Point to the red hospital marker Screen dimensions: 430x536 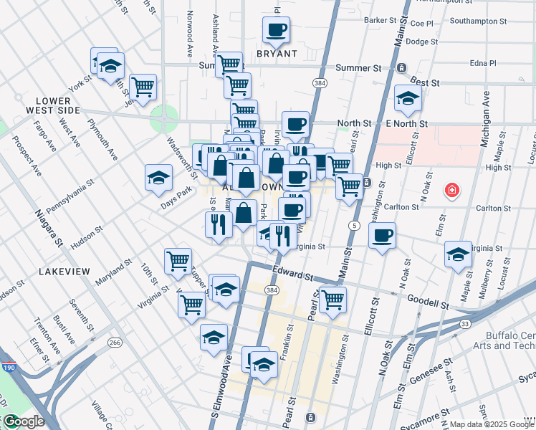click(x=451, y=191)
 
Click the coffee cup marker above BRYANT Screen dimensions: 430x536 click(x=276, y=31)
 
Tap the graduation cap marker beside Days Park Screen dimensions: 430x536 click(x=158, y=179)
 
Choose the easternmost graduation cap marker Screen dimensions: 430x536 click(x=458, y=255)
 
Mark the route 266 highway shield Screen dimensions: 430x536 click(x=114, y=343)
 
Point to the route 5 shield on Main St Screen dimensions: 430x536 click(x=355, y=225)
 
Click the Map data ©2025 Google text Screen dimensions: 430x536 click(x=492, y=424)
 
